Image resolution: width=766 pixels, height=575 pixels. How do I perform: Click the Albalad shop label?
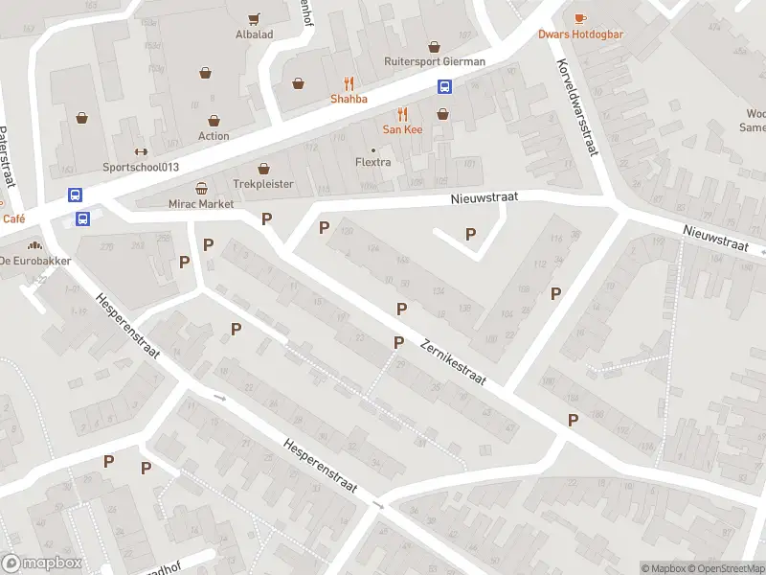(x=254, y=34)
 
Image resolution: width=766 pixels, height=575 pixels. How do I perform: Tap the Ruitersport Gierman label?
(x=435, y=61)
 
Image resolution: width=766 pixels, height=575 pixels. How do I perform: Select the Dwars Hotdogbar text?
(x=580, y=34)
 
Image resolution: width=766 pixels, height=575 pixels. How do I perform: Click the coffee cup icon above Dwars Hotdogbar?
(x=580, y=18)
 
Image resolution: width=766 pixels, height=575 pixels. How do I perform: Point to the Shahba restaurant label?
(x=349, y=99)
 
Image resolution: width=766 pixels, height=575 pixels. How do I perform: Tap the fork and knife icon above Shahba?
(x=349, y=83)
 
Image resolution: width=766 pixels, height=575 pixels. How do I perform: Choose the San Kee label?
(x=402, y=129)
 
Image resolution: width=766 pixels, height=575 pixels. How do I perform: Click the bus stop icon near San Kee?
(x=445, y=86)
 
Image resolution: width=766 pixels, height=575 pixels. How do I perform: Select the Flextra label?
(x=373, y=162)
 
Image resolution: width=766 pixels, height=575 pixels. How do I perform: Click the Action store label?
(x=214, y=136)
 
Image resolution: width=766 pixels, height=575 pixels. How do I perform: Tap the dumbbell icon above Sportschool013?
(x=141, y=151)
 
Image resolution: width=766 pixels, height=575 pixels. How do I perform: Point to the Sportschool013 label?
(x=141, y=167)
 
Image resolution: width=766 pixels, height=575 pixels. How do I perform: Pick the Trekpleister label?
(x=262, y=184)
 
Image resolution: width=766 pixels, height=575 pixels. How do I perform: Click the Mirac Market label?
(x=201, y=204)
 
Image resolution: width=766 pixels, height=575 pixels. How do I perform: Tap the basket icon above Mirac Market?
(x=201, y=189)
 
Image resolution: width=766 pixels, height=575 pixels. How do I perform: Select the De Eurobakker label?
(x=34, y=261)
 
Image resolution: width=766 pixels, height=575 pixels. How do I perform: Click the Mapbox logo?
(x=42, y=563)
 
